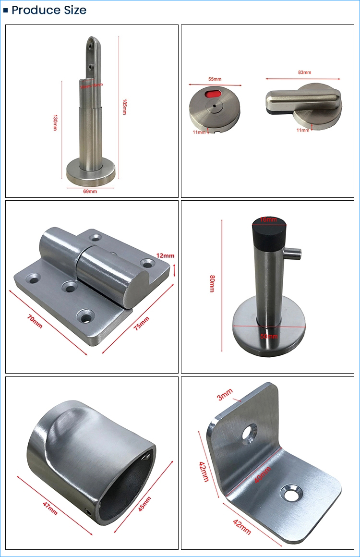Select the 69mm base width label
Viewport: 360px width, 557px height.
pos(90,191)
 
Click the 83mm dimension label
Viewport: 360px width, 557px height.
pos(304,73)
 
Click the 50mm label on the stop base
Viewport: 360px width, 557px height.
pos(269,336)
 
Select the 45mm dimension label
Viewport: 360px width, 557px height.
pos(144,499)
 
